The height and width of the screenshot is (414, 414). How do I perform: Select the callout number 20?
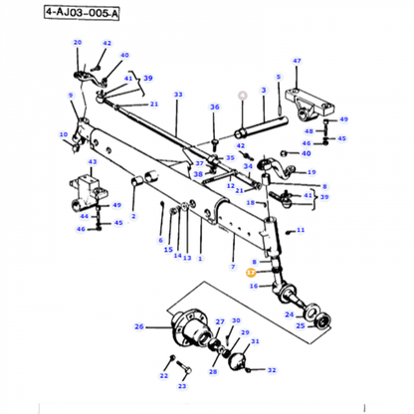click(78, 42)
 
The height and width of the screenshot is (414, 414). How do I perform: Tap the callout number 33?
click(178, 96)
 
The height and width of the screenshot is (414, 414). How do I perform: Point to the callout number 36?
click(214, 106)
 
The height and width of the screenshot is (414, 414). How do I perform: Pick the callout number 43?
click(93, 162)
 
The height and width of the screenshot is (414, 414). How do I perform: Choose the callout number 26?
click(138, 325)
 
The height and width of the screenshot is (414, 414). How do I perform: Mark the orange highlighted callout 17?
click(252, 270)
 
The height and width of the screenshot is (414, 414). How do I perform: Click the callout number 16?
click(254, 286)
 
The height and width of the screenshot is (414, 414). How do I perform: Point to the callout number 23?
click(182, 384)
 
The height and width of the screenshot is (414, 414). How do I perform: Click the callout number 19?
click(311, 171)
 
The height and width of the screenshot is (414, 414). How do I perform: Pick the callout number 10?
click(63, 134)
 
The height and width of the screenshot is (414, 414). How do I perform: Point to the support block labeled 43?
click(89, 187)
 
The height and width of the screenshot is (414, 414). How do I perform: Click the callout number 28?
click(212, 371)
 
